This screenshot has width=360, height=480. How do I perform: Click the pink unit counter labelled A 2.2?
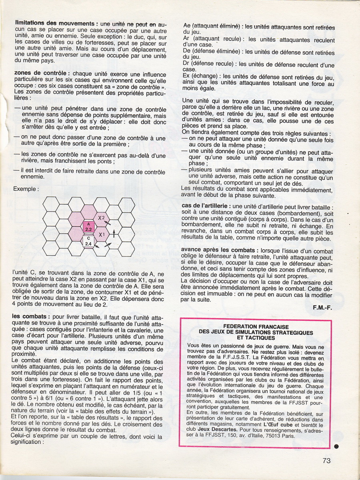pos(88,227)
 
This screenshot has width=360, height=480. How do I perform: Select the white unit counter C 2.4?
pos(88,241)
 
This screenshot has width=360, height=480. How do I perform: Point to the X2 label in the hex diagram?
pos(102,218)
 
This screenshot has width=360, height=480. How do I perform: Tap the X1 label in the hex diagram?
pos(102,235)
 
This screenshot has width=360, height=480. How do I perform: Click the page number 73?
pos(326,460)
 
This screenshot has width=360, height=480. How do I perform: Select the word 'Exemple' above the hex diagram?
pos(25,188)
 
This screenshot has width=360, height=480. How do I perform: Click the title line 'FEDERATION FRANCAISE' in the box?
pos(256,326)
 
